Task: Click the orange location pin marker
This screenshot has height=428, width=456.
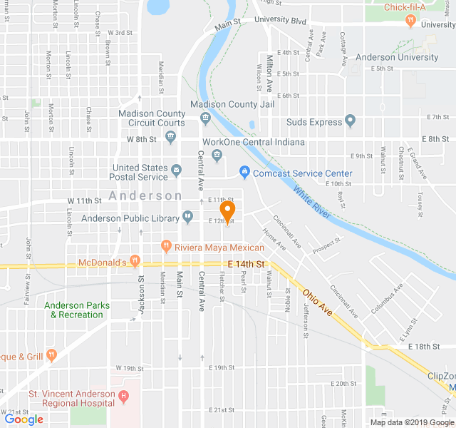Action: pyautogui.click(x=227, y=211)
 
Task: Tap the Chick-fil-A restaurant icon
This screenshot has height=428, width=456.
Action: pyautogui.click(x=410, y=20)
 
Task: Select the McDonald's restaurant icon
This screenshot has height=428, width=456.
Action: pyautogui.click(x=135, y=261)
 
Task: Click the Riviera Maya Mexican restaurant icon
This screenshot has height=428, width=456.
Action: pyautogui.click(x=166, y=247)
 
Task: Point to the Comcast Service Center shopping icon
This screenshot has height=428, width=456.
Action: pyautogui.click(x=244, y=173)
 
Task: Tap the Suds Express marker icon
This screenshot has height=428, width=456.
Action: pyautogui.click(x=350, y=121)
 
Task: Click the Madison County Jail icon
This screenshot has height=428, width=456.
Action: pyautogui.click(x=205, y=117)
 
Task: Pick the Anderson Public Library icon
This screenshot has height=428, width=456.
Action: pyautogui.click(x=187, y=216)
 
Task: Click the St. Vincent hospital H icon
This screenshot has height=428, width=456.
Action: pyautogui.click(x=124, y=395)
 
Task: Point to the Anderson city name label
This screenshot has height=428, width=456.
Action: pyautogui.click(x=145, y=195)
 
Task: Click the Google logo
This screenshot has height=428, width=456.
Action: pyautogui.click(x=24, y=419)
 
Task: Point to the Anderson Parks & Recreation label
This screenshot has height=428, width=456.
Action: pyautogui.click(x=77, y=310)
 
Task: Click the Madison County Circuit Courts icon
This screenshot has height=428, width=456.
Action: pyautogui.click(x=171, y=139)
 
